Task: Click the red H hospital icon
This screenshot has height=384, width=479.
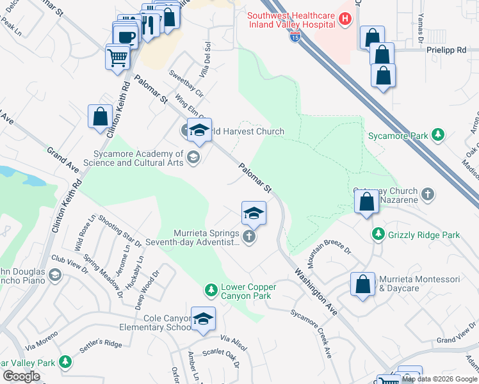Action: pyautogui.click(x=345, y=19)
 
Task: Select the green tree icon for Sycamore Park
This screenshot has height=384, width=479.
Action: pyautogui.click(x=437, y=135)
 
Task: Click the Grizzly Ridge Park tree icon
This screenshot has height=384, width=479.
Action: pyautogui.click(x=378, y=235)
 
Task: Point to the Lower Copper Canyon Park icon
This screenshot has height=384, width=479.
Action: pyautogui.click(x=211, y=291)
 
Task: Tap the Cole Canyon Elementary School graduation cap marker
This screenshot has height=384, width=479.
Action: pyautogui.click(x=203, y=319)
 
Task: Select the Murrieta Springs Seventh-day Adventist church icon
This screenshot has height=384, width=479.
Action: pyautogui.click(x=250, y=237)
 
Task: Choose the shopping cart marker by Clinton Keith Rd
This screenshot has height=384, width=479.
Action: pyautogui.click(x=118, y=58)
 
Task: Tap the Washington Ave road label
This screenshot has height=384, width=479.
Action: pyautogui.click(x=316, y=291)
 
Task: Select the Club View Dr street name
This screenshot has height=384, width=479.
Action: pyautogui.click(x=70, y=265)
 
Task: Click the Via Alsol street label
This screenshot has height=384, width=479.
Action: pyautogui.click(x=233, y=342)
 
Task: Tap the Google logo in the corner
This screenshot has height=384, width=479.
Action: pyautogui.click(x=22, y=376)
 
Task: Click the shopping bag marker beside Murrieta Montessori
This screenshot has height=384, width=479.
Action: pyautogui.click(x=362, y=285)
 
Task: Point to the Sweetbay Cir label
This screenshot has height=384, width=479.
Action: pyautogui.click(x=186, y=84)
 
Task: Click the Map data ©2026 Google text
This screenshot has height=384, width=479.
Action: pyautogui.click(x=439, y=379)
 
